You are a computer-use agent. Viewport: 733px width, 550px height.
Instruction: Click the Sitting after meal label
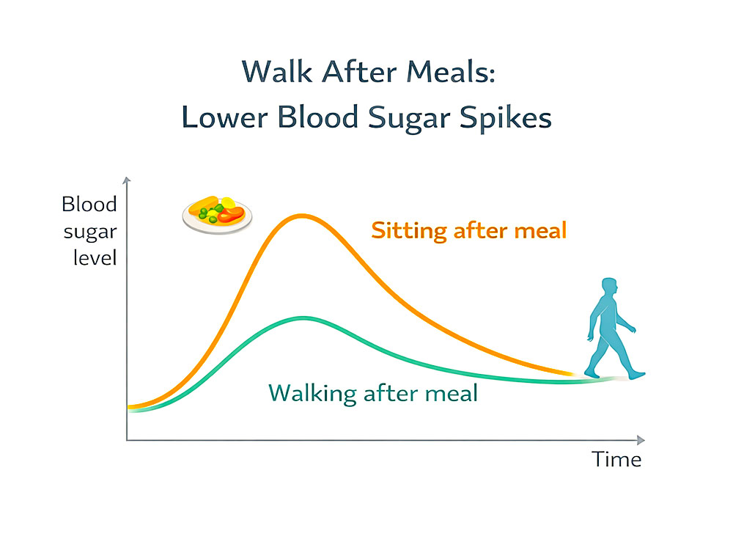(468, 231)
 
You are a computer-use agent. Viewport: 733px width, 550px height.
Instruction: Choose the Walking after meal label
(373, 393)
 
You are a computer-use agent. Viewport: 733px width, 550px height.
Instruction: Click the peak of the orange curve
(301, 216)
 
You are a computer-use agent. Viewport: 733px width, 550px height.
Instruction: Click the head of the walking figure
(609, 288)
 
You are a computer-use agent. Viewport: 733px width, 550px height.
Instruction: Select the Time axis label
(616, 460)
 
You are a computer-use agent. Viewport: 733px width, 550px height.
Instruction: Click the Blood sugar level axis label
(89, 231)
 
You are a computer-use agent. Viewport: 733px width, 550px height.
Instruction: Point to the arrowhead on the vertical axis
(127, 180)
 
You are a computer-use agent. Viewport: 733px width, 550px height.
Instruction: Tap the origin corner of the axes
(127, 440)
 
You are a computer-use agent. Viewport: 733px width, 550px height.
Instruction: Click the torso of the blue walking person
(605, 319)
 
